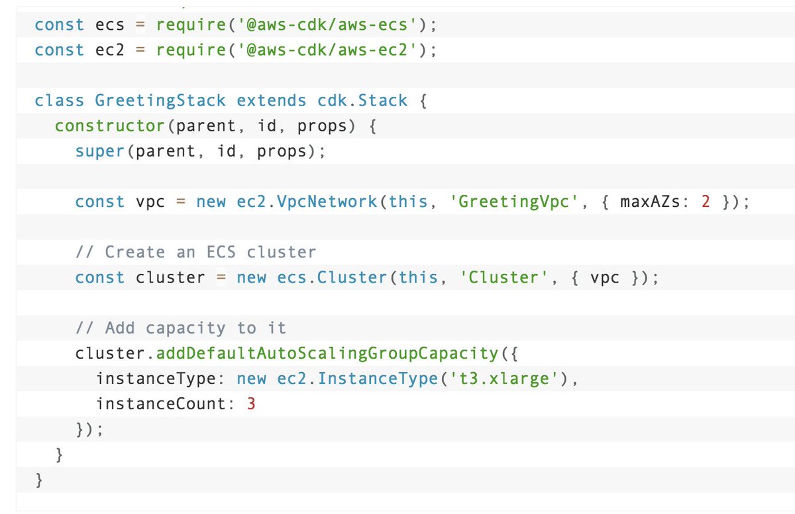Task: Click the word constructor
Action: coord(109,126)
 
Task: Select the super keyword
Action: coord(99,151)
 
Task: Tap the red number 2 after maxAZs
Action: coord(706,202)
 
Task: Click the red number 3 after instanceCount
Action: coord(251,403)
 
